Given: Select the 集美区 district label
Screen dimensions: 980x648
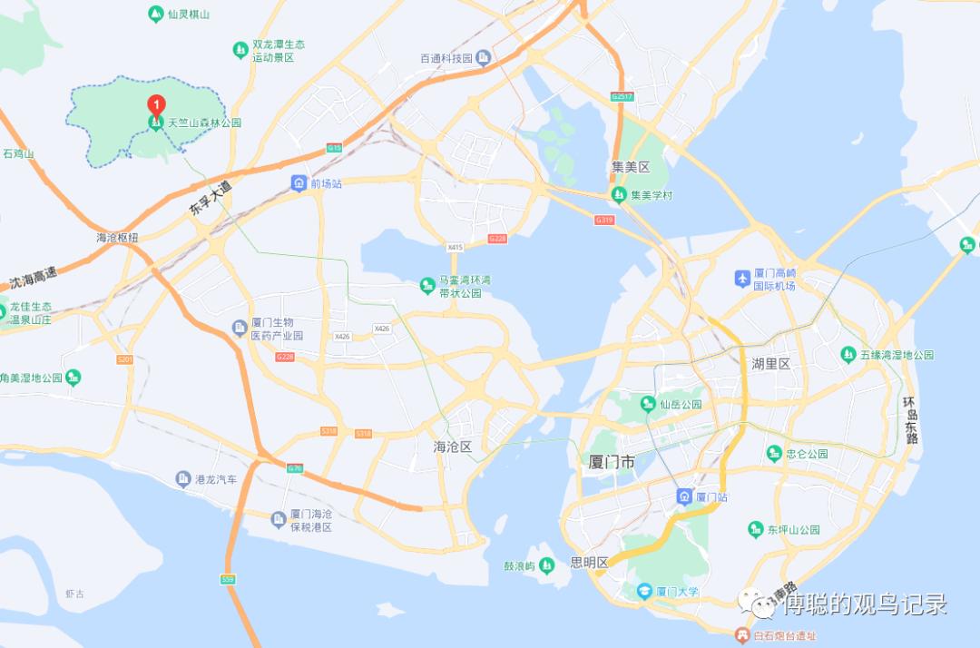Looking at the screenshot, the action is (631, 167).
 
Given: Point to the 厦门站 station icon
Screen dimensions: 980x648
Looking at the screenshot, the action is (684, 496).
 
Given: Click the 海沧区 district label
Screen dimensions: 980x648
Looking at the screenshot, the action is (455, 447).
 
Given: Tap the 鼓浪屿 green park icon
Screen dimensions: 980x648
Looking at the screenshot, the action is (546, 566).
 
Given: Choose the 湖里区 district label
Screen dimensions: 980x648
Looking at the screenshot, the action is (771, 364).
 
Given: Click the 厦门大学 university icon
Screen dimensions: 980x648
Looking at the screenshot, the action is (644, 592).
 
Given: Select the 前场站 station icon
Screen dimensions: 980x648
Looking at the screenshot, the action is (299, 183).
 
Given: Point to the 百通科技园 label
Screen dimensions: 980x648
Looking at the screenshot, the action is (446, 58).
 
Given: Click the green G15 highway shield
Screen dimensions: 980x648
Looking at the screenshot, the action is (334, 147).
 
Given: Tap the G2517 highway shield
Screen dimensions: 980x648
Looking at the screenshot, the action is (622, 96).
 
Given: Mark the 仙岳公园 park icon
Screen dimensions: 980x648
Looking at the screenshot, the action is (648, 404).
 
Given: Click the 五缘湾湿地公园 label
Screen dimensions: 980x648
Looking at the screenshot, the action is (897, 355).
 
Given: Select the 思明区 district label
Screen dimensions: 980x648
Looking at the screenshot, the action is (589, 563).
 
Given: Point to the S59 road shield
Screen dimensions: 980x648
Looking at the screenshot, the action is (228, 579).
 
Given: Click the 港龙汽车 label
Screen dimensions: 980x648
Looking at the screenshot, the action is (216, 478).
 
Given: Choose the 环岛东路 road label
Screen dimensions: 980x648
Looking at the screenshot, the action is (910, 419).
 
